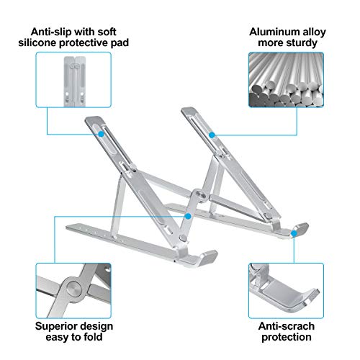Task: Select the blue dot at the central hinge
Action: coord(188,214)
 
